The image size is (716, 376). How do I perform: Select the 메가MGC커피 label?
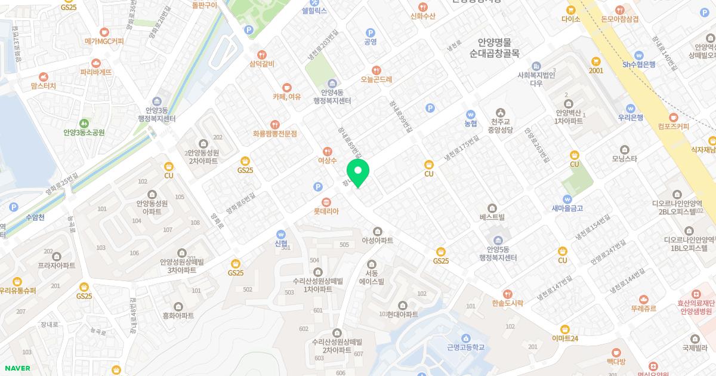104,41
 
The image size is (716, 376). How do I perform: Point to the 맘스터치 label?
43,86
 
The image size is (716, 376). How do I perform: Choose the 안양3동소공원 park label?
84,132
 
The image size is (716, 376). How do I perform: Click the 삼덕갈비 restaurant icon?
261,55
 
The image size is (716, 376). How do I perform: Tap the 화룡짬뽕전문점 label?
274,134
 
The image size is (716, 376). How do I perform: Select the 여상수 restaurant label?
327,160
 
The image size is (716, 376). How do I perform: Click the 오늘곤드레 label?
376,79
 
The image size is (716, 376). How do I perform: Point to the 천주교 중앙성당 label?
500,123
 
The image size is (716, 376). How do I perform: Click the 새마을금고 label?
567,208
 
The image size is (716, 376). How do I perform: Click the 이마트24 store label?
564,338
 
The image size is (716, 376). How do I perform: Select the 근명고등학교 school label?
465,347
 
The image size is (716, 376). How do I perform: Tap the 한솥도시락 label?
507,303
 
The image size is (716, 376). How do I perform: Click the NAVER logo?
17,368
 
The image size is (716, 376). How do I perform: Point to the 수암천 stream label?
35,218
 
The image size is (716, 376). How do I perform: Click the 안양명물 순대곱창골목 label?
494,48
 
